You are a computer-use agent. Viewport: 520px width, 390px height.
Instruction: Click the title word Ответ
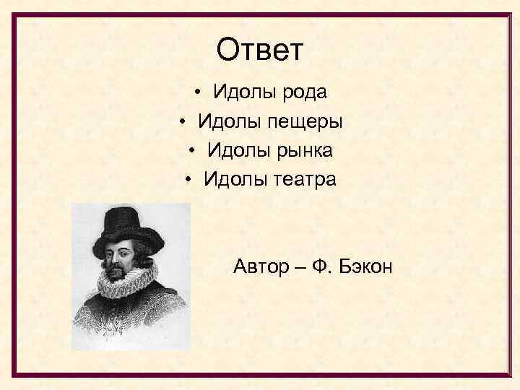click(x=260, y=51)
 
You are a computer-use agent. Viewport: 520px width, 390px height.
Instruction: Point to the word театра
click(x=305, y=179)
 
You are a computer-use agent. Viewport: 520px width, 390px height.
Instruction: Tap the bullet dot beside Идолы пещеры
click(x=184, y=122)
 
